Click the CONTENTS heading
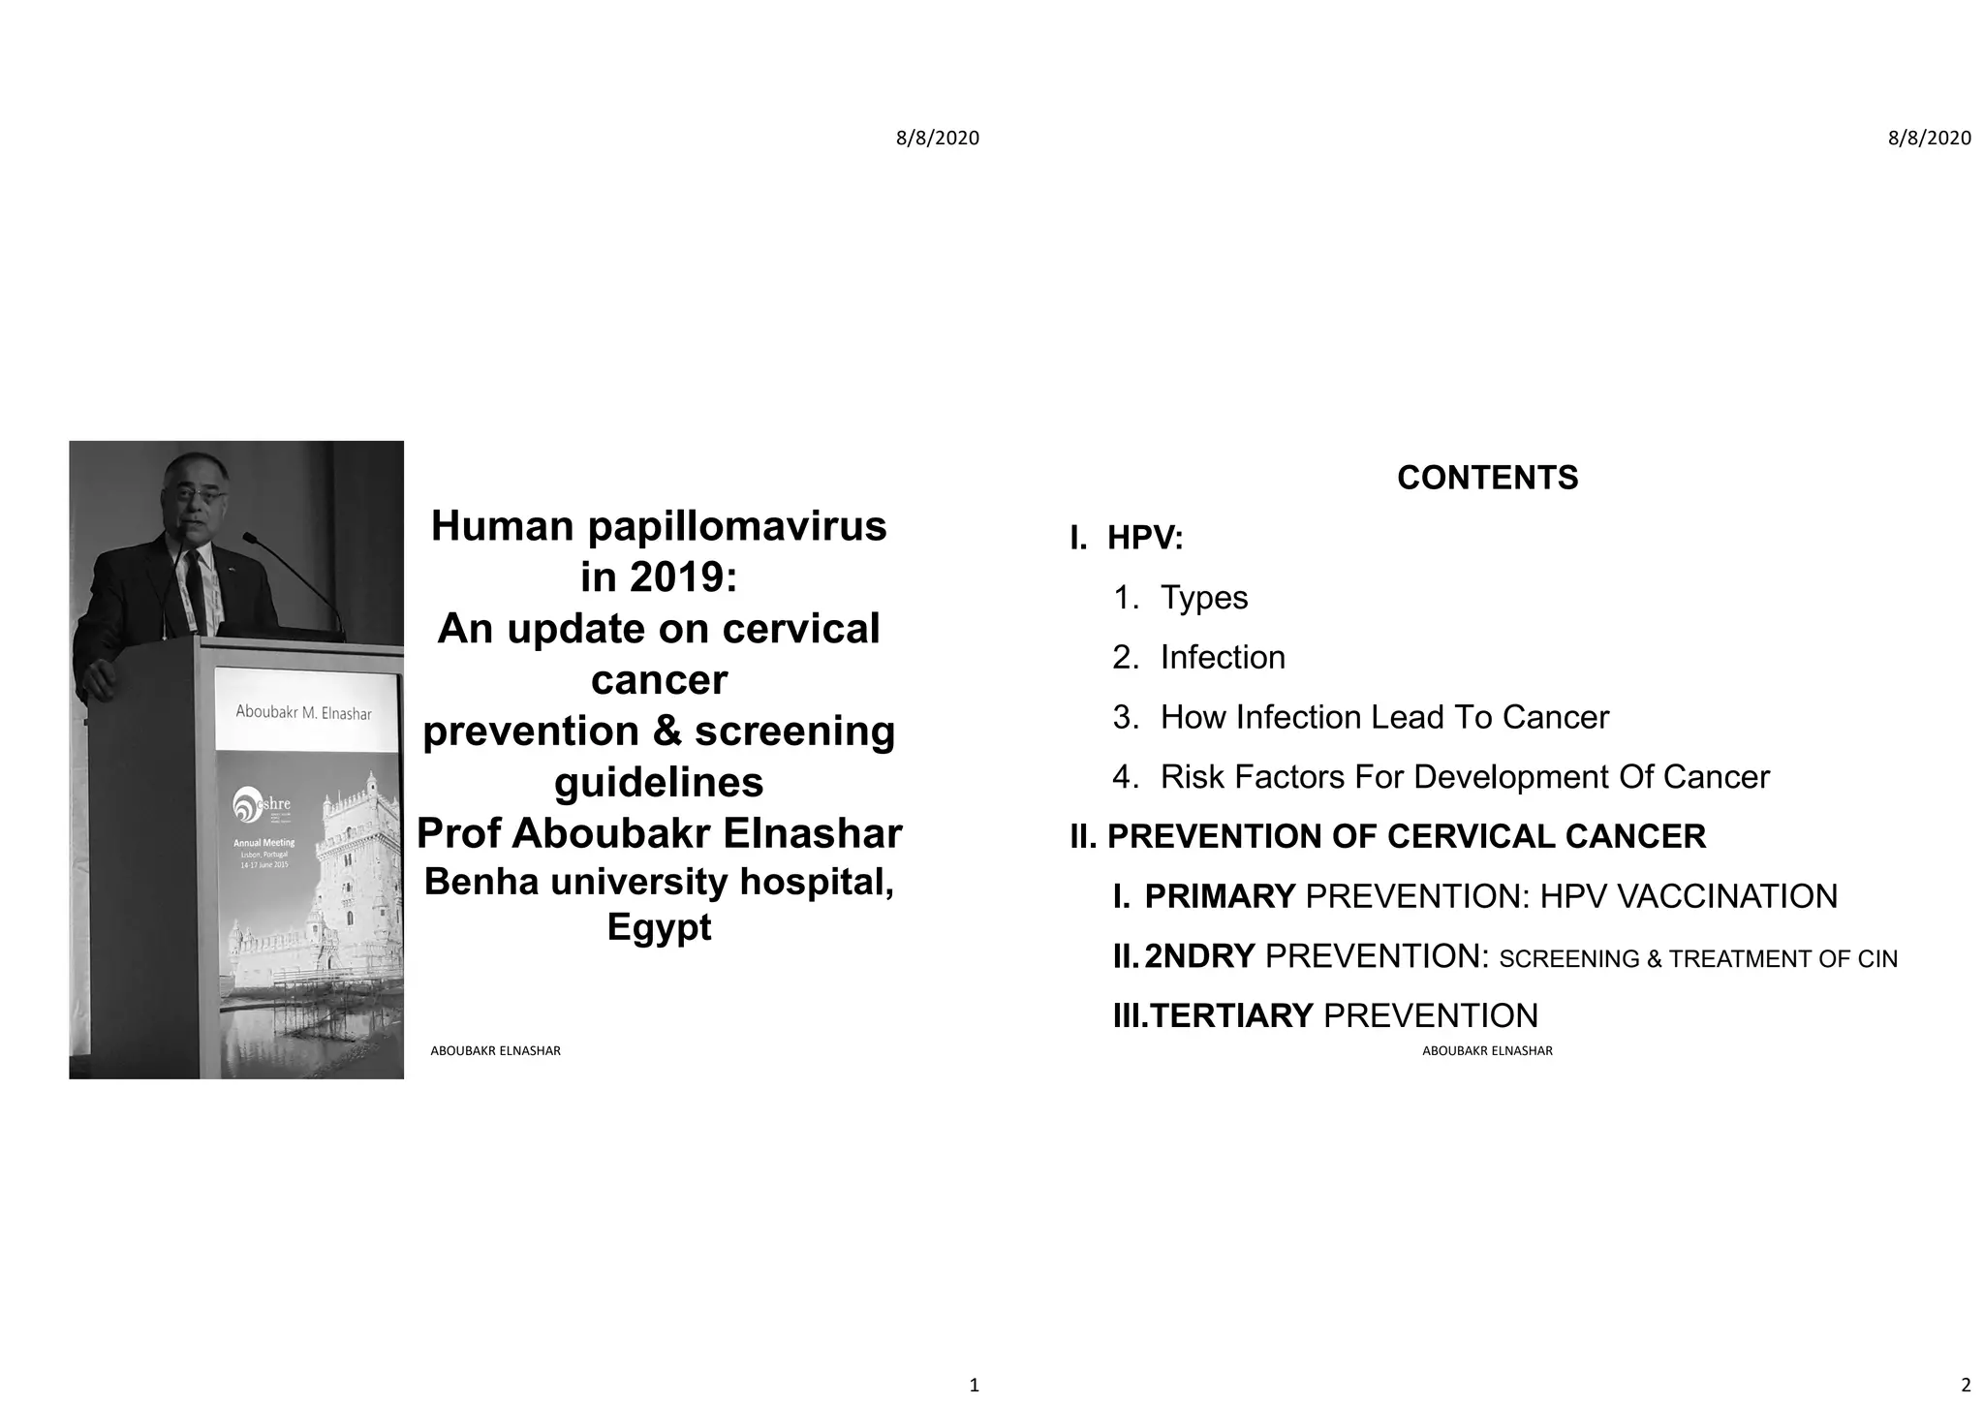click(1487, 478)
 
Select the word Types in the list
click(1204, 598)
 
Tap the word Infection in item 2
click(1223, 658)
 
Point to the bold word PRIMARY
click(1220, 896)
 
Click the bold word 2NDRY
click(1199, 956)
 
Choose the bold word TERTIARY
click(1231, 1016)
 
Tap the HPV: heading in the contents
click(1145, 538)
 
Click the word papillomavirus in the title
click(737, 527)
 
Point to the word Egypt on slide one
click(659, 927)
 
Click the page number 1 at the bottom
click(974, 1385)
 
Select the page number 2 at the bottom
click(1966, 1385)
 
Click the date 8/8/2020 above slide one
click(937, 139)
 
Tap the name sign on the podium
click(304, 712)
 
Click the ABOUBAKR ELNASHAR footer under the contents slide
click(1487, 1051)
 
